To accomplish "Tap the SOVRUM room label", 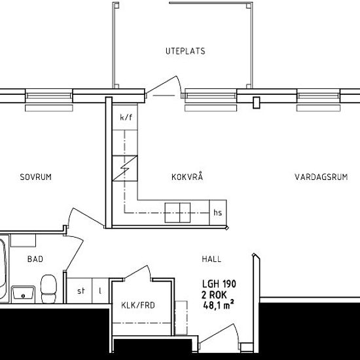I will pos(35,177).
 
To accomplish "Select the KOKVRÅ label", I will pos(187,177).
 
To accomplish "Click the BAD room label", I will pos(35,259).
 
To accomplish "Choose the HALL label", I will pos(211,260).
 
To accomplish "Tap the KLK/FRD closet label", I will pos(138,304).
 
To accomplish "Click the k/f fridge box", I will pos(126,117).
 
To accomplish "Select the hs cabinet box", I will pos(218,212).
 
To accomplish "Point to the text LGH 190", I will pos(219,284).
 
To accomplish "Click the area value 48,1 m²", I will pos(219,305).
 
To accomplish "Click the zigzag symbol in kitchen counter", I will pos(126,168).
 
